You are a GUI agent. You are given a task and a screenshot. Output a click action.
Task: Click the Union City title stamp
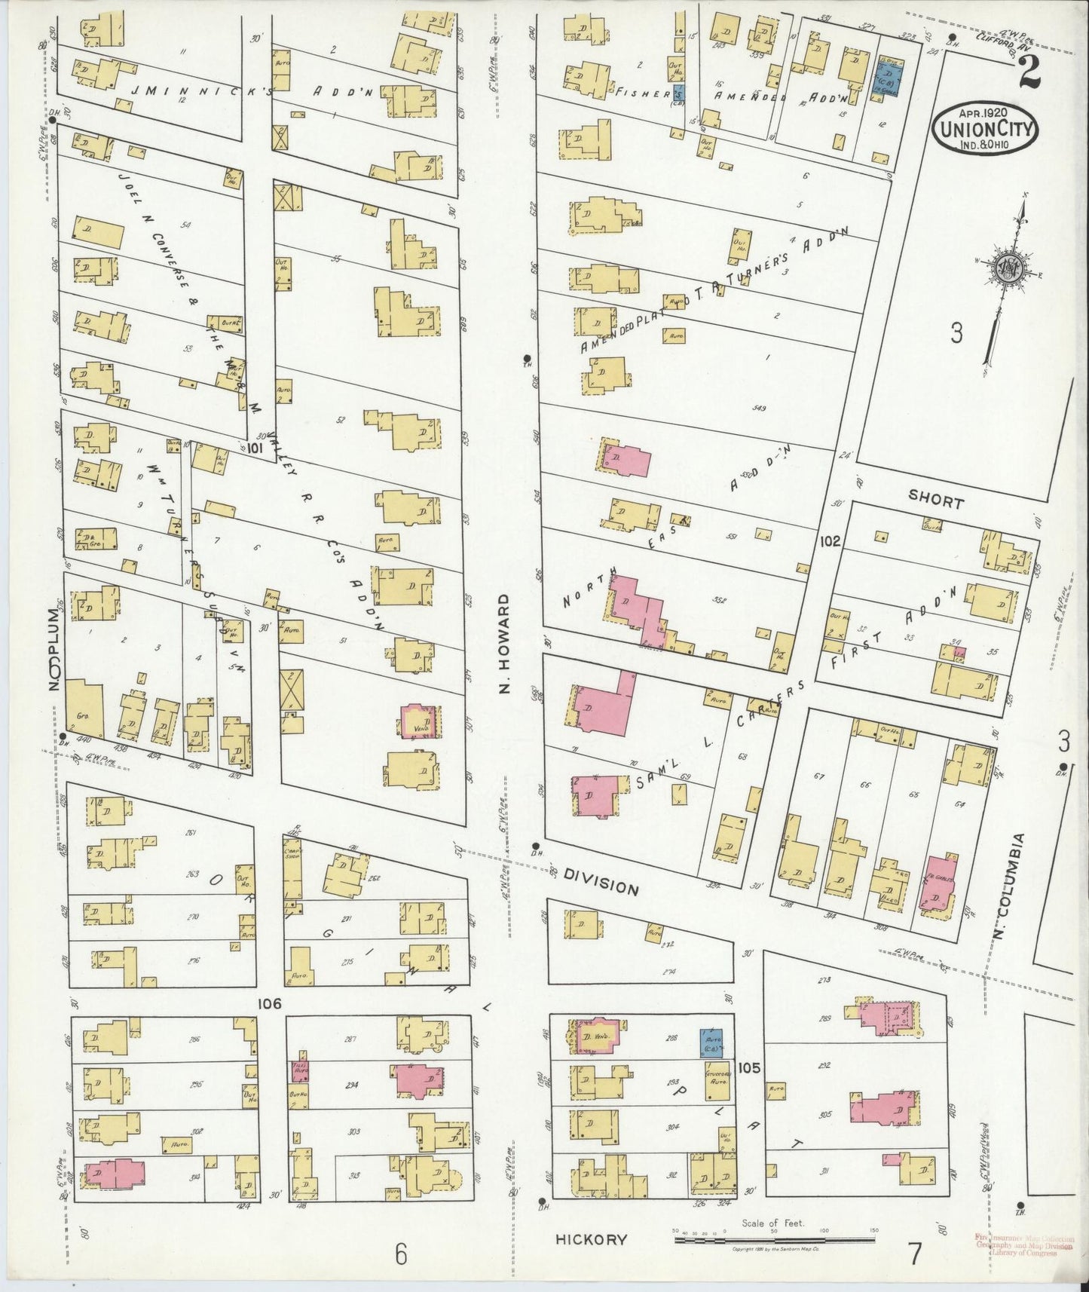[985, 128]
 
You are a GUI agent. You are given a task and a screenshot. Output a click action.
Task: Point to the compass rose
[1008, 272]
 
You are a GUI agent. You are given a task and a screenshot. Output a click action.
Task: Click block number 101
[253, 449]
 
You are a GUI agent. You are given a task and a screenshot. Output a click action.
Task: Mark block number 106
[268, 1003]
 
